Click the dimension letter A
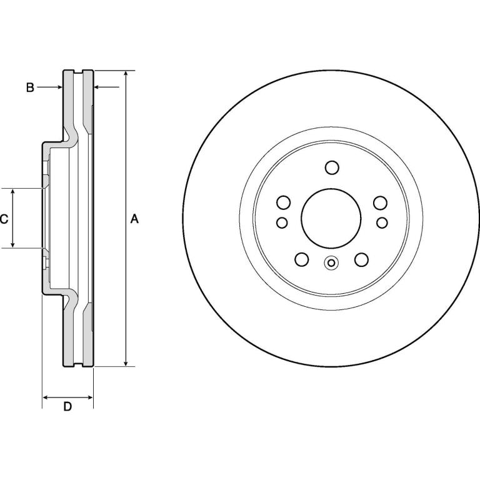pyautogui.click(x=135, y=219)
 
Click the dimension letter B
pyautogui.click(x=30, y=87)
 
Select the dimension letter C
pyautogui.click(x=4, y=219)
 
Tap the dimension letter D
pyautogui.click(x=67, y=406)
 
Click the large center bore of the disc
pyautogui.click(x=331, y=218)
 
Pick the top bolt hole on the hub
pyautogui.click(x=332, y=167)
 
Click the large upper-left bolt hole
pyautogui.click(x=284, y=202)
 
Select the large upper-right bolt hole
pyautogui.click(x=380, y=203)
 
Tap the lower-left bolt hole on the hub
pyautogui.click(x=301, y=259)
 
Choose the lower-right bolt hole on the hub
pyautogui.click(x=361, y=259)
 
